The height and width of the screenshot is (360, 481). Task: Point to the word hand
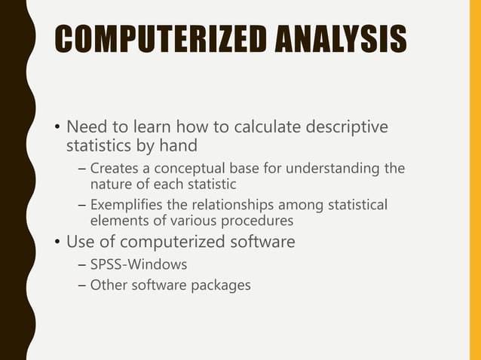[x=202, y=144]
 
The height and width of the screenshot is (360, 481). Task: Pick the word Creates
[x=114, y=167]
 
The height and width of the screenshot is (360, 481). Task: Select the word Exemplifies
[x=126, y=204]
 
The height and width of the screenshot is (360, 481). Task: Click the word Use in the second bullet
[x=81, y=243]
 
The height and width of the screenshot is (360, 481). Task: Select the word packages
[x=224, y=285]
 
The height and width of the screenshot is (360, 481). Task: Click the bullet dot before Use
[x=57, y=243]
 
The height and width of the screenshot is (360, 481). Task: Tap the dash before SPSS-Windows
[x=81, y=266]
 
